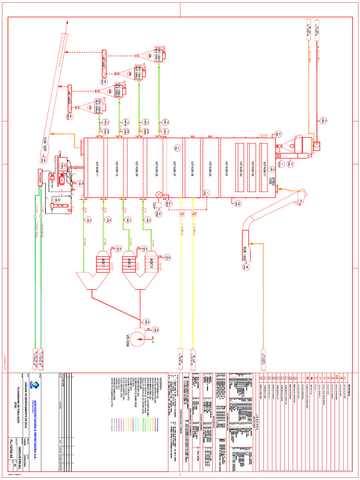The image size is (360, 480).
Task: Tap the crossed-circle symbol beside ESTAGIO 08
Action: [x=158, y=194]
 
